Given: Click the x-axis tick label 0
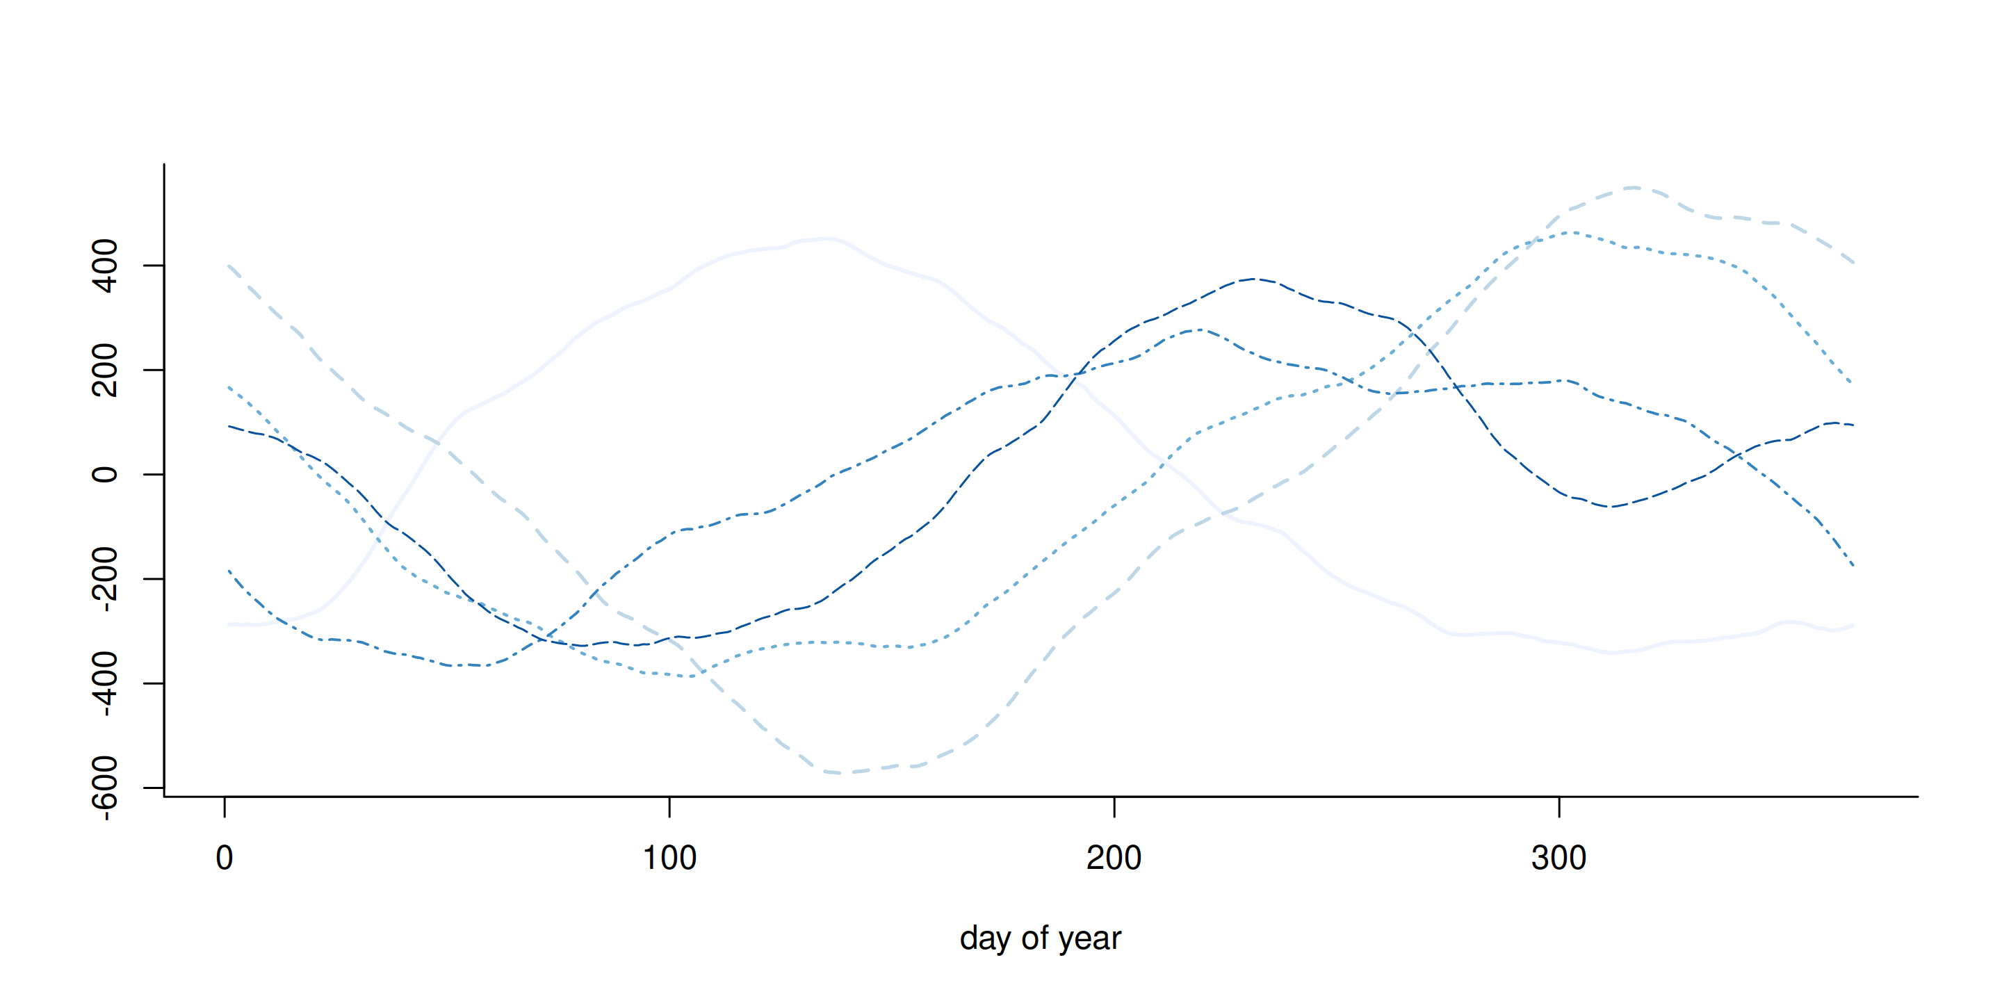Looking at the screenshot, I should (x=225, y=858).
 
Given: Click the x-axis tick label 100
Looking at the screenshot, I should (x=669, y=858).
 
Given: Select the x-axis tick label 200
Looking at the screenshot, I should (x=1114, y=858).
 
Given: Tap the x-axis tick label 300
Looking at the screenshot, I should (x=1559, y=858).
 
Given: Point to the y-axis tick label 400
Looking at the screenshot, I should (x=105, y=266).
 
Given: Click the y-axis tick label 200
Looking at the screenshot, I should (x=105, y=370).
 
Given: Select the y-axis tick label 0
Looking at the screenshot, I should (x=105, y=474).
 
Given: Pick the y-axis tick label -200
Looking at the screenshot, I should (x=105, y=579).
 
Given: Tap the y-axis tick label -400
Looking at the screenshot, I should (x=105, y=683).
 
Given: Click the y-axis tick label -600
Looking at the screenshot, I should (x=105, y=788).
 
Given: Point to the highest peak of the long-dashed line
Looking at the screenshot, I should (x=1634, y=187).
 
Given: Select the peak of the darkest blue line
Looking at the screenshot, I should (x=1253, y=279).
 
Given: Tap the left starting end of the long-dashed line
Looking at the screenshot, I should (x=229, y=266).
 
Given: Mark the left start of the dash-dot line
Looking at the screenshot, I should (x=229, y=571).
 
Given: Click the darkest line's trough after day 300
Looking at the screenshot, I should (x=1611, y=507).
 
